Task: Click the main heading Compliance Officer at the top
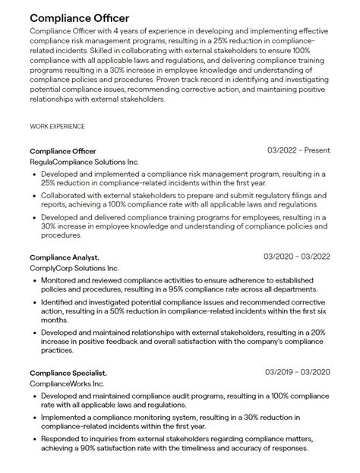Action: (80, 17)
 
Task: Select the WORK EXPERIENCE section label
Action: (57, 126)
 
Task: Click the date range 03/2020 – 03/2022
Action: (296, 257)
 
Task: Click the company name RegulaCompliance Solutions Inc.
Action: (84, 162)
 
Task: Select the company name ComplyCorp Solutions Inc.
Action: (74, 269)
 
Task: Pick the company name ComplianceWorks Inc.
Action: (67, 384)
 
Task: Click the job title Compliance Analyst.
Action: (65, 257)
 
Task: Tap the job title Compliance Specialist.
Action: (68, 373)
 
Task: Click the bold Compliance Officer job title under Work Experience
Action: (63, 150)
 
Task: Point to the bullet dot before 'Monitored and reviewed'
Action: (34, 280)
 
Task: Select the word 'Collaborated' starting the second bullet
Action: (66, 195)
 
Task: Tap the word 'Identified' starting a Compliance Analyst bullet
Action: (59, 301)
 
